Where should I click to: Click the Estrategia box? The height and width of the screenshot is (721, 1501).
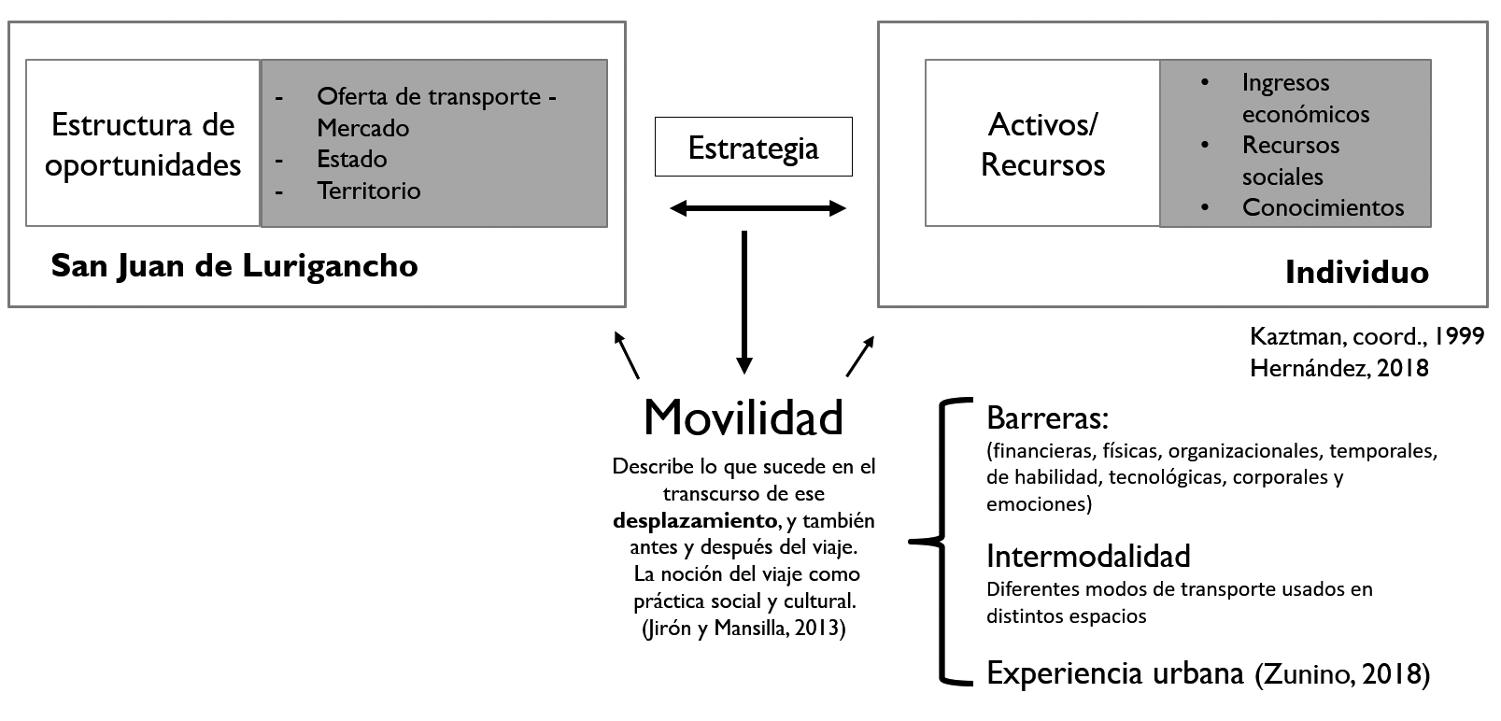[x=753, y=147]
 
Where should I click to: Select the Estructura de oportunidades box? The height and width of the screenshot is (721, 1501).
[x=143, y=144]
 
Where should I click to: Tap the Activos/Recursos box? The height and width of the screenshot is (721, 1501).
[x=1042, y=144]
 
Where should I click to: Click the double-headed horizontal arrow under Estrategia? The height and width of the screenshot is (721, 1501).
[x=758, y=208]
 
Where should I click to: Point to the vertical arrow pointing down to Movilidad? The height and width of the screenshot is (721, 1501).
[x=743, y=299]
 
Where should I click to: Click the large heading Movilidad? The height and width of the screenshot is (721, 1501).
[x=743, y=417]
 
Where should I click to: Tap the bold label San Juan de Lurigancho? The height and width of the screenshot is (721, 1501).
[x=234, y=266]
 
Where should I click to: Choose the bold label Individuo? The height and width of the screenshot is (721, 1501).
[x=1356, y=272]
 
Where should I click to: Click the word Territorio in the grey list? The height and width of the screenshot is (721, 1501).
[x=369, y=191]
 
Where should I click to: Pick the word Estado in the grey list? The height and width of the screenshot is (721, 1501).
[x=351, y=159]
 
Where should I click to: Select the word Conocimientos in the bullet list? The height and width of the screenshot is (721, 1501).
[x=1323, y=207]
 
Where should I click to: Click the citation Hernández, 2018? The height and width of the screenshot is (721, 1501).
[x=1339, y=367]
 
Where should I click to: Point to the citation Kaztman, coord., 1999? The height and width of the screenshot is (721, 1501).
[x=1366, y=336]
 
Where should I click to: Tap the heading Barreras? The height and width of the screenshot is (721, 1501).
[x=1047, y=417]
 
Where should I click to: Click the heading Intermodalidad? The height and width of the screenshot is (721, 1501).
[x=1088, y=556]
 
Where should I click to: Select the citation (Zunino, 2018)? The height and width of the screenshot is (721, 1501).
[x=1342, y=673]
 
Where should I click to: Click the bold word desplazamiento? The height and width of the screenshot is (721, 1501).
[x=695, y=519]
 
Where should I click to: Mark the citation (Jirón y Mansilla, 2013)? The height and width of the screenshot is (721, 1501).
[x=743, y=629]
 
